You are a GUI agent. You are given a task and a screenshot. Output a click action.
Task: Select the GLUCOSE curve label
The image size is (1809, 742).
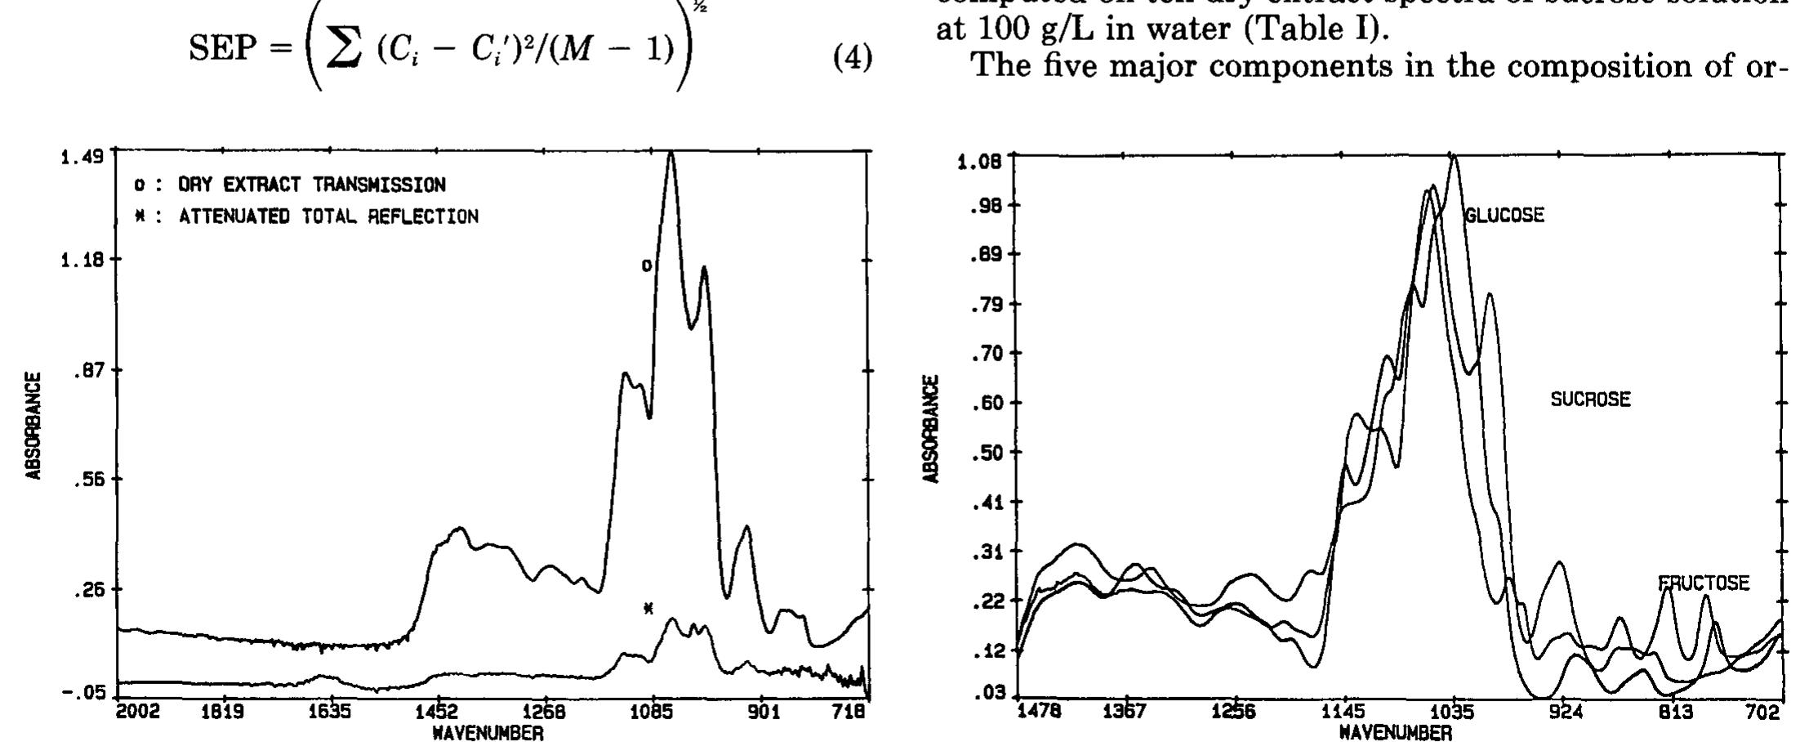point(1504,215)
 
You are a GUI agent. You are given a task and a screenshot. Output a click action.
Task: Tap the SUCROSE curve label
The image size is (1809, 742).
point(1590,400)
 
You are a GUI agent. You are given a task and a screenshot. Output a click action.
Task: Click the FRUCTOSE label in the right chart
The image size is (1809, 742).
point(1704,583)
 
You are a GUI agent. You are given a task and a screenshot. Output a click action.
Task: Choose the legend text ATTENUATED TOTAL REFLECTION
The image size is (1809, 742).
point(328,217)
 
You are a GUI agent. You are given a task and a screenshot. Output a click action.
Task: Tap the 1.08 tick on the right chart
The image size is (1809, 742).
point(978,161)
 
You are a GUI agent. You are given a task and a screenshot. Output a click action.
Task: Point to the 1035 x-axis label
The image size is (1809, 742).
point(1455,713)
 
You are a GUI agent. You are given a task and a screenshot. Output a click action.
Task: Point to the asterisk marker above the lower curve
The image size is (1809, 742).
point(648,608)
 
